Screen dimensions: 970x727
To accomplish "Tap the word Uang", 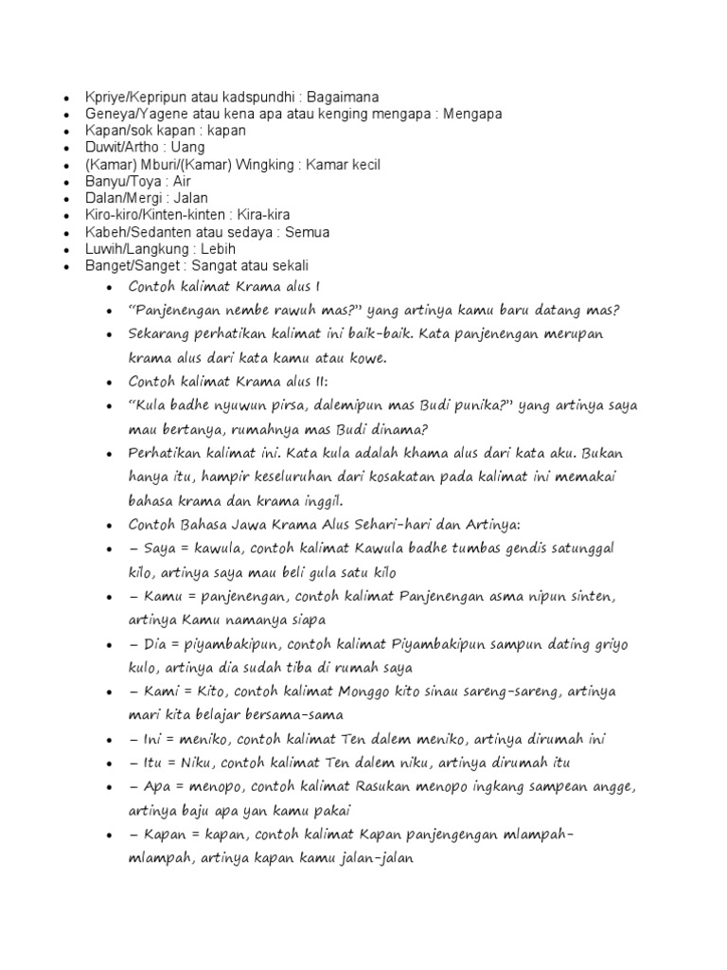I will [x=188, y=148].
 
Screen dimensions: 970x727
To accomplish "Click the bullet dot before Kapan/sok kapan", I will [x=64, y=132].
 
